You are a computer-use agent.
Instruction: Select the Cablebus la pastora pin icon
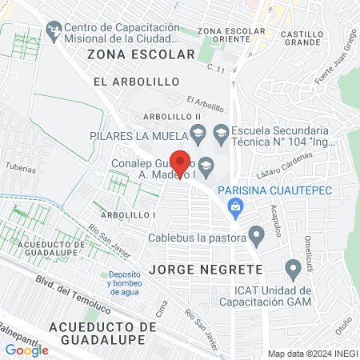pos(256,236)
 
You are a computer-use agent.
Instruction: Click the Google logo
pos(26,350)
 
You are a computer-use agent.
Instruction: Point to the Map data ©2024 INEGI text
pos(312,353)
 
